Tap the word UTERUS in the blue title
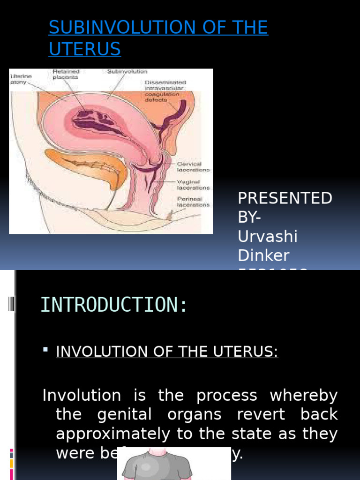[x=84, y=49]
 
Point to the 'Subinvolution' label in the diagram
[x=127, y=72]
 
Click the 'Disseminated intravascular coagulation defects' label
[x=165, y=91]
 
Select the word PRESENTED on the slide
[x=285, y=198]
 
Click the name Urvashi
[x=268, y=236]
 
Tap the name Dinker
[x=263, y=255]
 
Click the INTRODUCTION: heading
[x=114, y=305]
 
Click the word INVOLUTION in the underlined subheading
[x=96, y=352]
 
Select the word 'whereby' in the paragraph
[x=303, y=396]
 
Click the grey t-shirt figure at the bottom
[x=173, y=464]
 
